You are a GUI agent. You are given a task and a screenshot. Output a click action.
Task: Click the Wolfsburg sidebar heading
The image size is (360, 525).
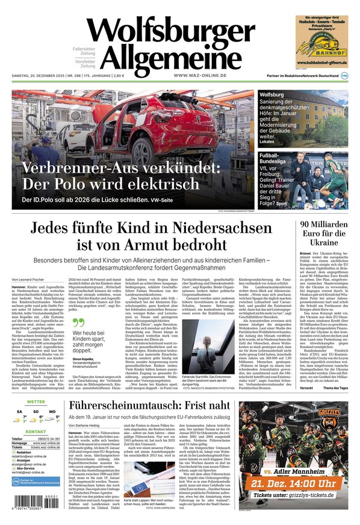click(272, 96)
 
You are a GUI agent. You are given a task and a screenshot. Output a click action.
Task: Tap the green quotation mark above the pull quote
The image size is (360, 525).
click(76, 322)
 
